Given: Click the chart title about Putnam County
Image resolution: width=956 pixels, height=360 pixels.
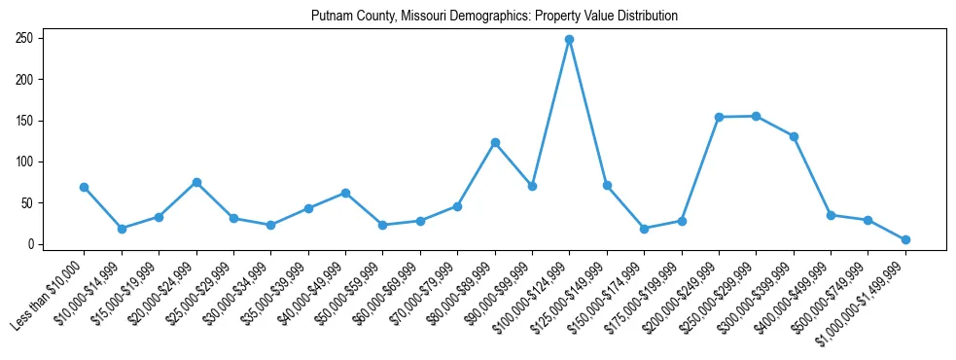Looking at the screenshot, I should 494,17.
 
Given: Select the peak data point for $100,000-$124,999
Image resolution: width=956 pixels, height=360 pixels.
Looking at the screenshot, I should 570,39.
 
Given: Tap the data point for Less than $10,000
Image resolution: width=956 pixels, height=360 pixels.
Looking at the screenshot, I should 85,187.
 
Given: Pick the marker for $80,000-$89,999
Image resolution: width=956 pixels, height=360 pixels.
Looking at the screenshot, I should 495,142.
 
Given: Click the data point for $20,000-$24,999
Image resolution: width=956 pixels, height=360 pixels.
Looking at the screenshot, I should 196,182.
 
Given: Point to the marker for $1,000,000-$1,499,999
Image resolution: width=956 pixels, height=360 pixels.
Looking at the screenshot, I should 905,239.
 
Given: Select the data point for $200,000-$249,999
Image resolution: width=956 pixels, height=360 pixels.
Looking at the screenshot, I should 719,117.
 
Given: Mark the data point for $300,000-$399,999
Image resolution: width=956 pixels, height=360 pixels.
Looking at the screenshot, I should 794,136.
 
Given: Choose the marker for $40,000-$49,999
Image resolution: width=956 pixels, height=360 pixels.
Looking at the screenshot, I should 345,193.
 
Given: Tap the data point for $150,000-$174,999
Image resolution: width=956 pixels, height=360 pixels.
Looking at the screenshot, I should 644,229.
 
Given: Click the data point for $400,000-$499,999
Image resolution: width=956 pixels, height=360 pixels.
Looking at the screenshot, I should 831,215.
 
